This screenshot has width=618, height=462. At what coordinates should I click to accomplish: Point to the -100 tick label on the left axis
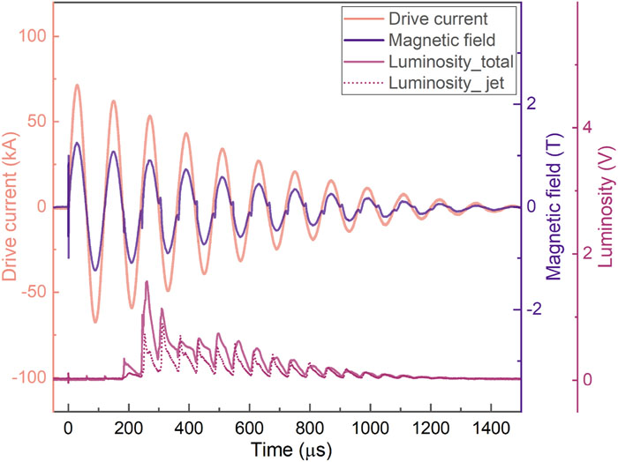point(34,378)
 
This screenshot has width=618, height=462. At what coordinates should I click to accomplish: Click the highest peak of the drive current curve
point(77,86)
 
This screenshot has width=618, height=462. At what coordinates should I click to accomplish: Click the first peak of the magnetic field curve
point(78,143)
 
